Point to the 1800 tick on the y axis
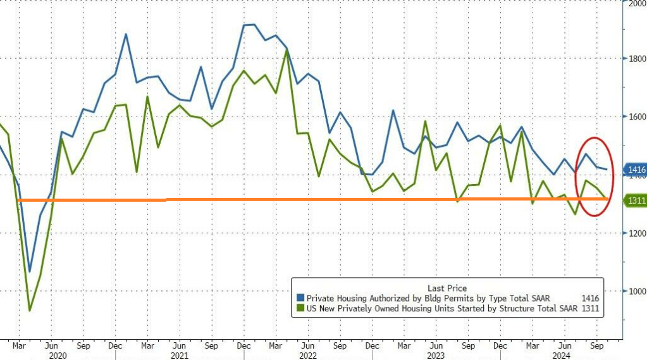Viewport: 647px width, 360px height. point(635,59)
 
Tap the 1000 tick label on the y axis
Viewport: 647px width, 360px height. point(635,292)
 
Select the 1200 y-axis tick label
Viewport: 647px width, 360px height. point(635,233)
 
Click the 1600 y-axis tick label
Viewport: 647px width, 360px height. point(635,117)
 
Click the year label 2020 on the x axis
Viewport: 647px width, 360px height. point(57,356)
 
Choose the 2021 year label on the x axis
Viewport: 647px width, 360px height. point(180,356)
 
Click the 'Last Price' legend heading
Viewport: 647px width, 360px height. point(448,288)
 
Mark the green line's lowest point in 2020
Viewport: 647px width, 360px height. point(29,311)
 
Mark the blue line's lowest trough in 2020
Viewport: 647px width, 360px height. point(29,271)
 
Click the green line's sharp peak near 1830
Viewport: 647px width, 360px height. point(287,51)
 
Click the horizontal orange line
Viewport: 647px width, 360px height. point(316,199)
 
